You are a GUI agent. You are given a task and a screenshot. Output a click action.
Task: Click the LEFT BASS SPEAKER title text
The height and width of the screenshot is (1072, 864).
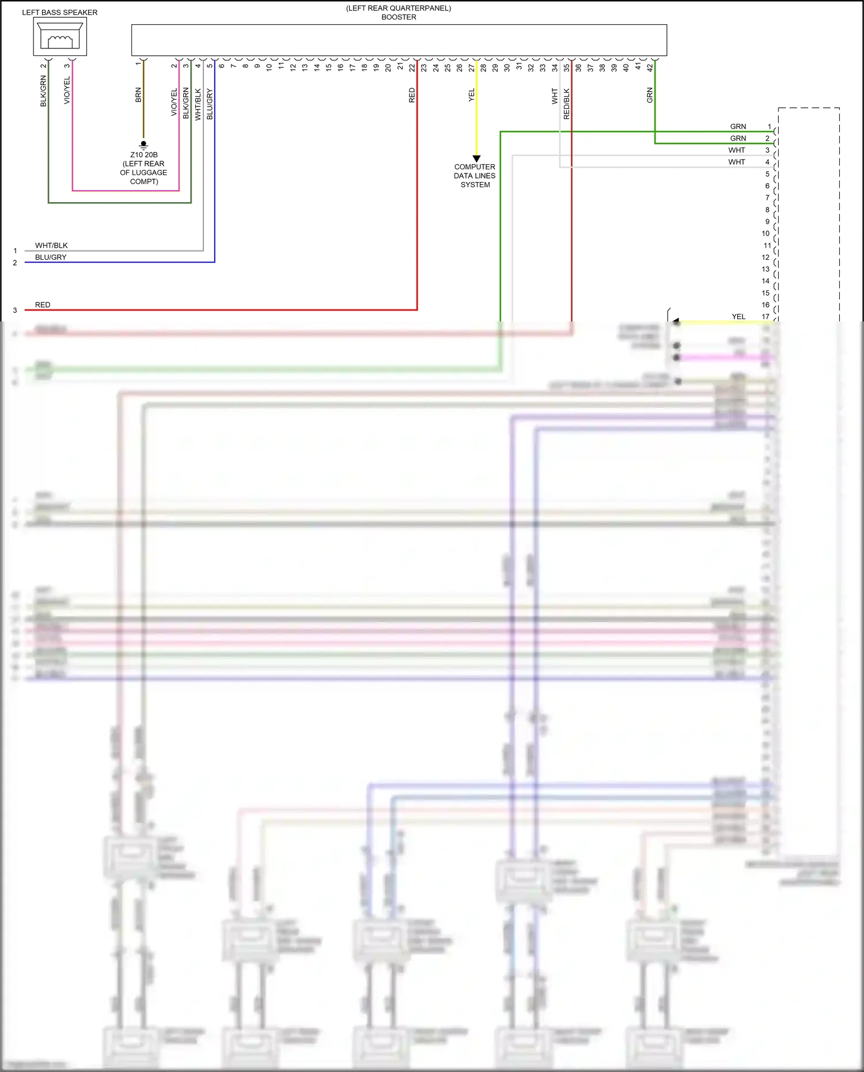[x=59, y=12]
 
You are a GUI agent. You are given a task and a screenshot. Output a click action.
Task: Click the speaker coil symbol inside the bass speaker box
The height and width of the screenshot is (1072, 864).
[x=60, y=41]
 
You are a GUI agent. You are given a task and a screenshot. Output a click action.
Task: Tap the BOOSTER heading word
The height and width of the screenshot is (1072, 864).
[x=399, y=17]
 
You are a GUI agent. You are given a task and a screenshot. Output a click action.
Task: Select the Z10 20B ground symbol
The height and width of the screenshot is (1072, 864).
[x=143, y=145]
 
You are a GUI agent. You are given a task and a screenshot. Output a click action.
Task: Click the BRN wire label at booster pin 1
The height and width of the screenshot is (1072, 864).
[x=138, y=95]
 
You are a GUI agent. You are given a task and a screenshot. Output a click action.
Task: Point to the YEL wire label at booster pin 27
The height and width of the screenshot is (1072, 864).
[x=472, y=95]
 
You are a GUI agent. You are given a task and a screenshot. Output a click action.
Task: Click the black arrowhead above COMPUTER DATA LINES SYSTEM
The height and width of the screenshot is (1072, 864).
[x=476, y=158]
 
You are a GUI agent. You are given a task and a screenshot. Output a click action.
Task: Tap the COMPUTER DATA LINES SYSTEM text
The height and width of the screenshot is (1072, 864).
[x=475, y=176]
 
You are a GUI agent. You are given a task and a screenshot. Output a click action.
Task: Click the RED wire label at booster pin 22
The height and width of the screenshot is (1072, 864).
[x=412, y=95]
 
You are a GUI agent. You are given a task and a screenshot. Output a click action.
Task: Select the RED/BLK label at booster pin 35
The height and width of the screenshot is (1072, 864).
[x=567, y=104]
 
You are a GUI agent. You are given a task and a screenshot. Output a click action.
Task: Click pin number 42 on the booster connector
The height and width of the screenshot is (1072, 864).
[x=650, y=67]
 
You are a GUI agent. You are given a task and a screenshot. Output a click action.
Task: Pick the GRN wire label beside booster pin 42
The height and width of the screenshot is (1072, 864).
[x=650, y=95]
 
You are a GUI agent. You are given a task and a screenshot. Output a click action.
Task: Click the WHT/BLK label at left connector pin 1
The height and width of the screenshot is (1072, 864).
[x=51, y=245]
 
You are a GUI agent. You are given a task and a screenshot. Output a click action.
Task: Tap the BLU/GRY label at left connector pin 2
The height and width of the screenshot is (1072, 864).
[x=51, y=257]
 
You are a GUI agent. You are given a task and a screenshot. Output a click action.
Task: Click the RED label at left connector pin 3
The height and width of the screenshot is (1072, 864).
[x=43, y=305]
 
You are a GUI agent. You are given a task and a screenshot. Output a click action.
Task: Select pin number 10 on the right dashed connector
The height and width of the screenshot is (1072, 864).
[x=766, y=233]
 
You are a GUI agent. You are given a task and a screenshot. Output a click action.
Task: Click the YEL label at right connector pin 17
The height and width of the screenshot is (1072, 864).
[x=738, y=316]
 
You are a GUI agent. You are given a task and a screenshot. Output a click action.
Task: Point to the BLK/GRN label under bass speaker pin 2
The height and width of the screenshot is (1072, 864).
[x=43, y=91]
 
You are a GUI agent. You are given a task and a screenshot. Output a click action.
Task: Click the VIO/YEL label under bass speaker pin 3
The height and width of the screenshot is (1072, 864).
[x=67, y=90]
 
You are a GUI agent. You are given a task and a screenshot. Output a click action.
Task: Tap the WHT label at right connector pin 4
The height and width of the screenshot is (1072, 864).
[x=736, y=162]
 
